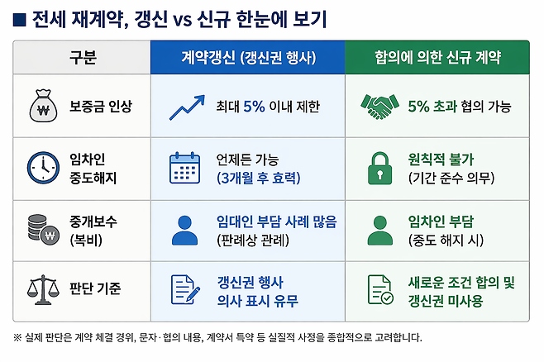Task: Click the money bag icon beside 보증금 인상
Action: pyautogui.click(x=41, y=106)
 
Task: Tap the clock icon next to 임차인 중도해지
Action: pyautogui.click(x=41, y=167)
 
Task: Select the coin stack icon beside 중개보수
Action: pyautogui.click(x=41, y=228)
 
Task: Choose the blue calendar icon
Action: pyautogui.click(x=184, y=167)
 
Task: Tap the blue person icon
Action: pyautogui.click(x=184, y=229)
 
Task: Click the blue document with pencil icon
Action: pyautogui.click(x=184, y=288)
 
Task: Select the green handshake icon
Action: pyautogui.click(x=379, y=106)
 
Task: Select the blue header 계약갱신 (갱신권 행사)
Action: pyautogui.click(x=247, y=57)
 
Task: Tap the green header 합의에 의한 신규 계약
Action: pyautogui.click(x=436, y=57)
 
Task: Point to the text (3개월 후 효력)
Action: pyautogui.click(x=258, y=178)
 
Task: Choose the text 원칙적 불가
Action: pyautogui.click(x=441, y=158)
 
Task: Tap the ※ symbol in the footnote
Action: pyautogui.click(x=18, y=337)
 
